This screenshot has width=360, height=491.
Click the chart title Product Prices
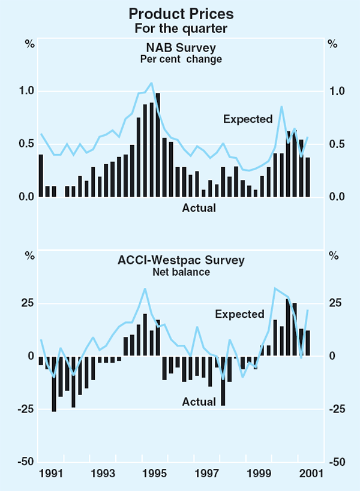181,14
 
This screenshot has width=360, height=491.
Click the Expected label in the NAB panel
248,119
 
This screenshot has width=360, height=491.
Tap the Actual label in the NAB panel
199,208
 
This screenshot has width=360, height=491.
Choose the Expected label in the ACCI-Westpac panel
239,314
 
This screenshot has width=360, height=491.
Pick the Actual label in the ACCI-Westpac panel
199,402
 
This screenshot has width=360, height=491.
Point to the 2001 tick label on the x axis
311,474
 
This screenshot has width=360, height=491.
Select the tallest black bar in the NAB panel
158,144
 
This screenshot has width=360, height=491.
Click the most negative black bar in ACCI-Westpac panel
54,384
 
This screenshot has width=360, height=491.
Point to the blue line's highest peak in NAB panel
151,83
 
